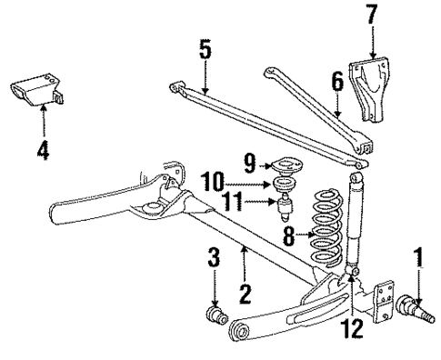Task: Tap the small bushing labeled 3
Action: tap(218, 319)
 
